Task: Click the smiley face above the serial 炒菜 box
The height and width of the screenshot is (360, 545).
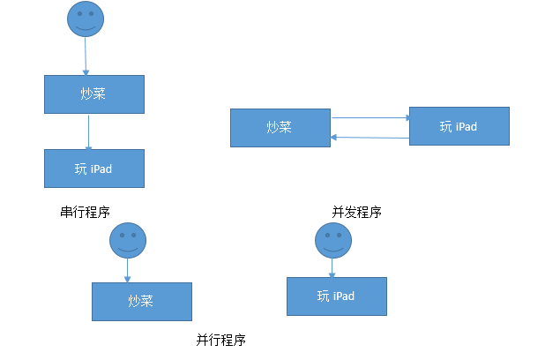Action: tap(86, 19)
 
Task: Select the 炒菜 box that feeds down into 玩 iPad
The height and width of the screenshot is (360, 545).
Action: tap(93, 94)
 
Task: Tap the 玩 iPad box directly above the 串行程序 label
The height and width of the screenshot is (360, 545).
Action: tap(93, 168)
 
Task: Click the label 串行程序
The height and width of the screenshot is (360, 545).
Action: tap(85, 212)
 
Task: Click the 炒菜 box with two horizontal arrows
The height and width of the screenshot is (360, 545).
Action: tap(280, 127)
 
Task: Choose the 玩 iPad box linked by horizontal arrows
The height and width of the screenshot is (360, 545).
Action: tap(459, 126)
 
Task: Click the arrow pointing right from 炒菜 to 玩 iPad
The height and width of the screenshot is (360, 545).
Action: tap(370, 116)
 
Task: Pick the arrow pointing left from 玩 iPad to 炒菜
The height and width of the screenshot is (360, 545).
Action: tap(370, 137)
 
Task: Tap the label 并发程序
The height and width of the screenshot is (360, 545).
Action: tap(356, 212)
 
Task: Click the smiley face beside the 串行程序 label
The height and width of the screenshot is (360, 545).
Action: tap(128, 240)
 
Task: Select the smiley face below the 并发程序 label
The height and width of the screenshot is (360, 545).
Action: tap(332, 240)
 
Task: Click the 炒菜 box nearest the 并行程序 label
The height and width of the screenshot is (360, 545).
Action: tap(142, 301)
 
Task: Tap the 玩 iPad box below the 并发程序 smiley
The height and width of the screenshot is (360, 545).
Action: tap(336, 296)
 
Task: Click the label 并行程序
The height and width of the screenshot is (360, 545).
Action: tap(220, 340)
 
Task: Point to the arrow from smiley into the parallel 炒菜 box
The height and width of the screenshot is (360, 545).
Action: tap(128, 270)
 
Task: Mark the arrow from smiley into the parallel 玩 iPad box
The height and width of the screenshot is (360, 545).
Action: tap(332, 267)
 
